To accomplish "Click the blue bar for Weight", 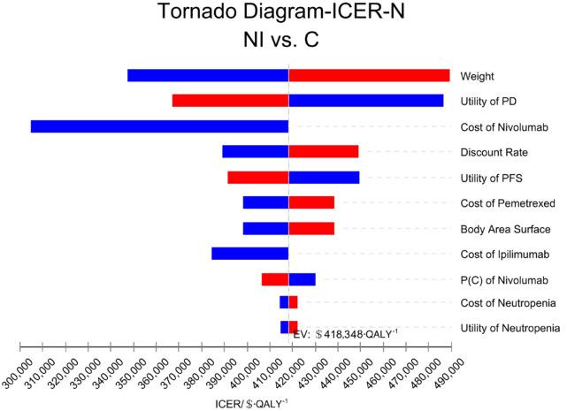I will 208,75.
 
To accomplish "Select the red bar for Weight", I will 369,75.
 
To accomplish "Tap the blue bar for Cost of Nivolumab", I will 159,126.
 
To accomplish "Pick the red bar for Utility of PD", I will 230,101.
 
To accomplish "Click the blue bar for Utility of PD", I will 366,101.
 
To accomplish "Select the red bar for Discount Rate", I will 324,151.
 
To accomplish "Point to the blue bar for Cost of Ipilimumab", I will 250,254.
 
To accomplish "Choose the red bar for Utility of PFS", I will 257,177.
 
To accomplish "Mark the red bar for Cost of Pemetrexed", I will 311,202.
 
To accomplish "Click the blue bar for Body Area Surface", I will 265,228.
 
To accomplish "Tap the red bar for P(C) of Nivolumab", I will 275,279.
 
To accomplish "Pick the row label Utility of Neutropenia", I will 510,328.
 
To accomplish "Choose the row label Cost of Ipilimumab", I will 504,255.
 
